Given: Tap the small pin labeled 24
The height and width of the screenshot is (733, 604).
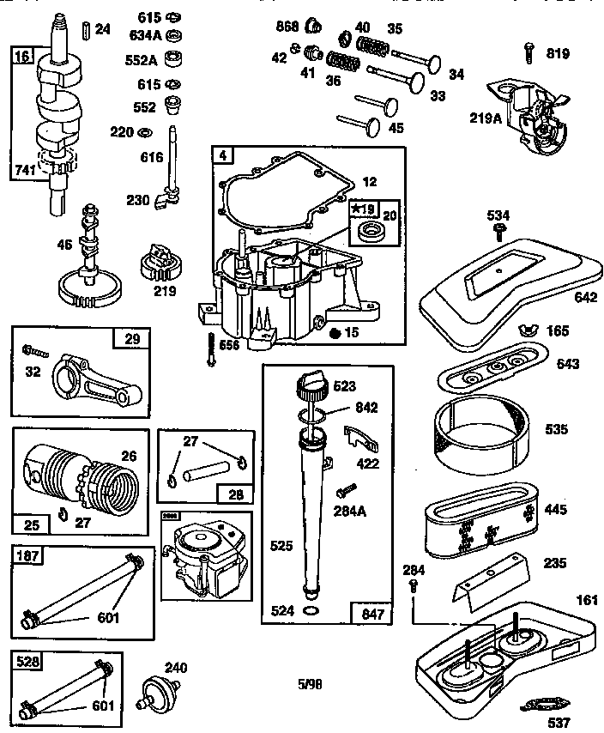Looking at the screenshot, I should (85, 30).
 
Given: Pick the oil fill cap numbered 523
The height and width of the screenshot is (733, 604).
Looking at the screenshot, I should (311, 386).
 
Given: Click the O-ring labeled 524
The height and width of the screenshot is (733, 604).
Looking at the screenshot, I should (313, 610).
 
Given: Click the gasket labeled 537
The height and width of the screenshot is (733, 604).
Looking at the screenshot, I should (541, 706).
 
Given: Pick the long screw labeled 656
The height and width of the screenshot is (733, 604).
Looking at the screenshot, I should (209, 348).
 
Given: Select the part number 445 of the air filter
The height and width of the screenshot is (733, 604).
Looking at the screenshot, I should (555, 510).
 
